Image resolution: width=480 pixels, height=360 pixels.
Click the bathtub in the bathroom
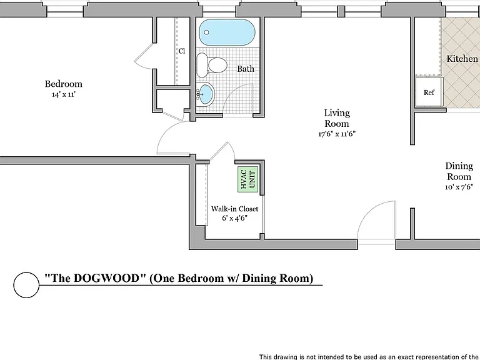coord(227,32)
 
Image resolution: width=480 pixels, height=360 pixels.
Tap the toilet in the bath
coord(211,65)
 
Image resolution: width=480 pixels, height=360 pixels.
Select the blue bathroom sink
coord(206,94)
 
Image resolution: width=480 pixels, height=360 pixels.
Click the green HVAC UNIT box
coord(248,179)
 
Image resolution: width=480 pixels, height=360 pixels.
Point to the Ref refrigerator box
coord(429,92)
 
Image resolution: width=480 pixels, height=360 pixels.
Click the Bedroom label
coord(64,84)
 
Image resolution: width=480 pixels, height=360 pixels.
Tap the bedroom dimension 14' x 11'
coord(64,94)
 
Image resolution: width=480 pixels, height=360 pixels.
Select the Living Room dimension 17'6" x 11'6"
coord(337,134)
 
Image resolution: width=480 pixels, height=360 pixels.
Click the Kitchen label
coord(462,59)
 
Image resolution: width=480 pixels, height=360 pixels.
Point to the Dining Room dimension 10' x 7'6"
coord(459,187)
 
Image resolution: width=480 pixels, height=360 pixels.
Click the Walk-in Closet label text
coord(234,209)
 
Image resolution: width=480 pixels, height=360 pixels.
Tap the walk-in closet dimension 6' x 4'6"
coord(234,218)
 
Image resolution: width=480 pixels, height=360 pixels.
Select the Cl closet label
coord(182,51)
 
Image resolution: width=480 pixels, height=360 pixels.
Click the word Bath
coord(246,69)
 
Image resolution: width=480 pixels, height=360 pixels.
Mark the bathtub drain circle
coord(206,32)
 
